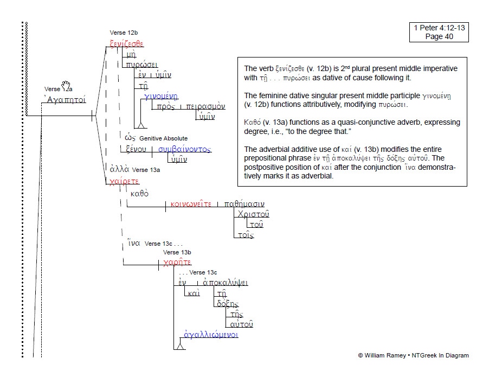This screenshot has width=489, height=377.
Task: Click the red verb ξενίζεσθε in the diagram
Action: (125, 44)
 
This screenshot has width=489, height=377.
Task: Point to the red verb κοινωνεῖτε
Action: (190, 204)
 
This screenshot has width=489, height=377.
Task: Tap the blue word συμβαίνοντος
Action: (184, 149)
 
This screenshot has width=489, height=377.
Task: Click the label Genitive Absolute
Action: (163, 139)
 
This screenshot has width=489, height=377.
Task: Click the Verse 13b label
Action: (177, 252)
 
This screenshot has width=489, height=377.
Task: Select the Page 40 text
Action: (439, 37)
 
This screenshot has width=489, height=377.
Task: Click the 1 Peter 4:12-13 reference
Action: (439, 28)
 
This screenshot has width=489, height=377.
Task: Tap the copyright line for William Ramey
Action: (413, 356)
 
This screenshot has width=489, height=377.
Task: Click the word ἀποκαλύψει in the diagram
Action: (225, 283)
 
